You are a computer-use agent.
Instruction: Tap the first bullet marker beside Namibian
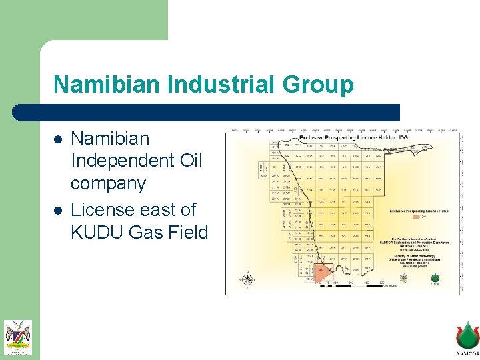coord(59,140)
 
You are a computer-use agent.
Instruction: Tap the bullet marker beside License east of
coord(59,211)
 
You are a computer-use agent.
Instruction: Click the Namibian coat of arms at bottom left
coord(18,337)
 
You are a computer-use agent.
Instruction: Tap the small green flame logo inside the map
coord(435,276)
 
